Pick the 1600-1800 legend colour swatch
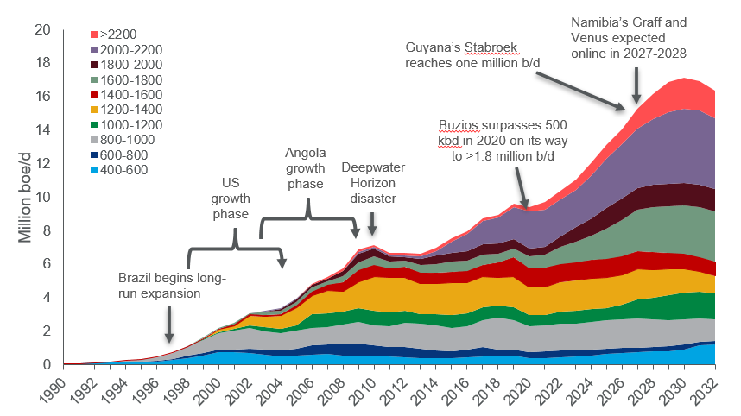[94, 79]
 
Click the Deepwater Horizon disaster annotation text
[373, 182]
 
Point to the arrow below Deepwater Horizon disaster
[372, 224]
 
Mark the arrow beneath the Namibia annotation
[636, 86]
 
